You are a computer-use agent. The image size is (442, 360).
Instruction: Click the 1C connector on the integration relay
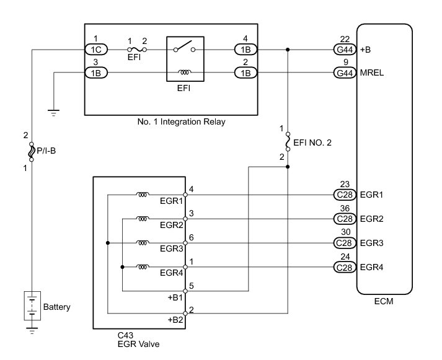[96, 49]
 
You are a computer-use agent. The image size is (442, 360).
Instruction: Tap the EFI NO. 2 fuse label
[312, 143]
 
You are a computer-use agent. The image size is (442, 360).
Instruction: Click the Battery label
[57, 307]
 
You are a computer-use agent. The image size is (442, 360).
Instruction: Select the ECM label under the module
[384, 302]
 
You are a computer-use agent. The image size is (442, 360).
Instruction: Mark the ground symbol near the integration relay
[54, 112]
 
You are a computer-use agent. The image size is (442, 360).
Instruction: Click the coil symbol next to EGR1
[142, 195]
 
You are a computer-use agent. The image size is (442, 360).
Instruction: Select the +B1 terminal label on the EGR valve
[175, 297]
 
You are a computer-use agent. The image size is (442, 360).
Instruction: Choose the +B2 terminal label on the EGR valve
[175, 320]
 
